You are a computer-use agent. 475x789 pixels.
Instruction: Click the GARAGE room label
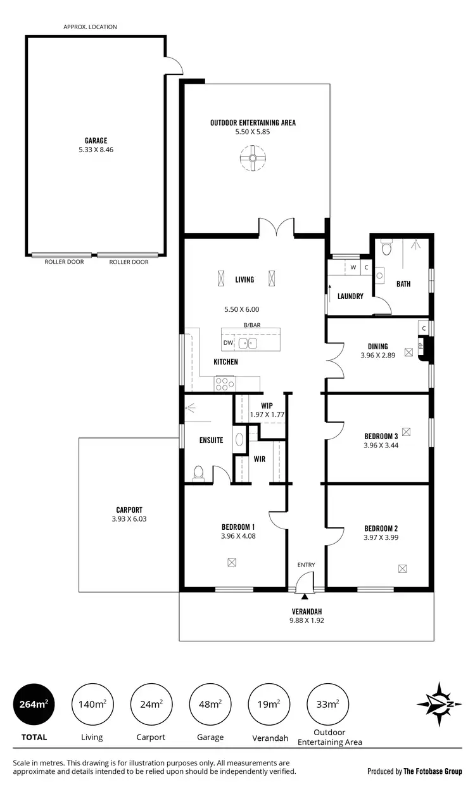pyautogui.click(x=96, y=141)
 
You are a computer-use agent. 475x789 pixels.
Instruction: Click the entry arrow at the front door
pyautogui.click(x=305, y=596)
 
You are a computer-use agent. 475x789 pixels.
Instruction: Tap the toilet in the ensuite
pyautogui.click(x=198, y=473)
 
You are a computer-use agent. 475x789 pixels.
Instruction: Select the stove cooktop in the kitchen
pyautogui.click(x=224, y=382)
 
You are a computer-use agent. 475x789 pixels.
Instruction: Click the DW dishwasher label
pyautogui.click(x=228, y=343)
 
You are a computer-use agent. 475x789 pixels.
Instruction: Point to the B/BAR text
pyautogui.click(x=252, y=326)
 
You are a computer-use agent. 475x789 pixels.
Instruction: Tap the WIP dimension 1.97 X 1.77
pyautogui.click(x=267, y=414)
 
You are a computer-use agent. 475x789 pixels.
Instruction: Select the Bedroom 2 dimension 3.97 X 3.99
pyautogui.click(x=381, y=537)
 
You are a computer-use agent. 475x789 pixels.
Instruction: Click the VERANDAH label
pyautogui.click(x=306, y=612)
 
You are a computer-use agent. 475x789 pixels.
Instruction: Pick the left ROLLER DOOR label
pyautogui.click(x=61, y=262)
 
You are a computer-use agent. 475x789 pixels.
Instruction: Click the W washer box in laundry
pyautogui.click(x=353, y=267)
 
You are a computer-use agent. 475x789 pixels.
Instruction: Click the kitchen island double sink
pyautogui.click(x=248, y=343)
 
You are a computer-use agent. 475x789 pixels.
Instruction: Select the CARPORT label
pyautogui.click(x=129, y=510)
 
